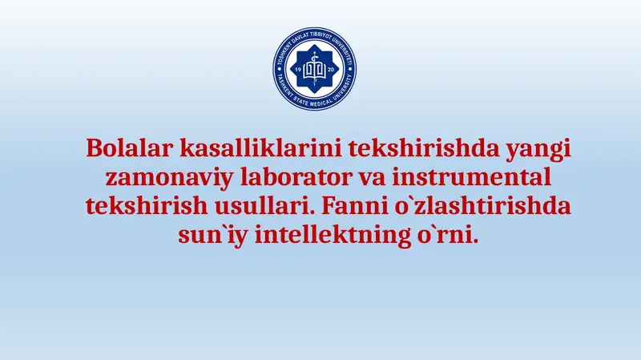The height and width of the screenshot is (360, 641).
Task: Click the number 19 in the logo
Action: coord(298,71)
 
